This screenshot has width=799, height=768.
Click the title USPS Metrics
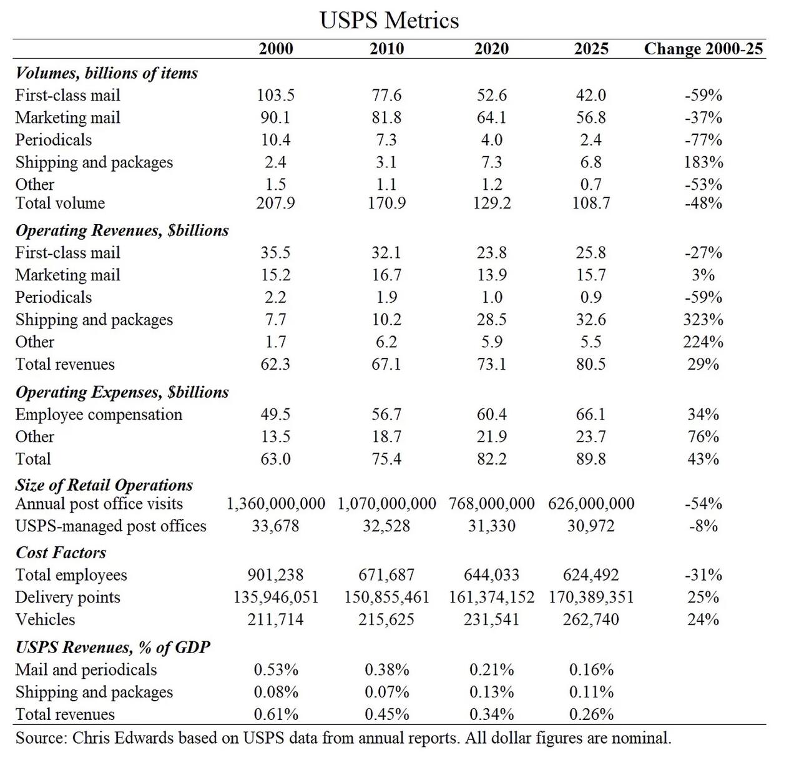pos(389,20)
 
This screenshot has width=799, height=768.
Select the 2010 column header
pos(386,49)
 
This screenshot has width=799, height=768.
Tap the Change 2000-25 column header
pos(703,49)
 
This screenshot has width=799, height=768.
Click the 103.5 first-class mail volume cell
pos(275,96)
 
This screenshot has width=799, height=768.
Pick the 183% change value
pos(703,162)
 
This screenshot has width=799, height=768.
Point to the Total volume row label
pos(60,204)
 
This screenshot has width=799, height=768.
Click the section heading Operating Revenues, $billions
pos(122,230)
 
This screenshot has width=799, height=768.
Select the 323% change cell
pos(703,320)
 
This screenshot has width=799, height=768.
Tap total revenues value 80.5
pos(591,365)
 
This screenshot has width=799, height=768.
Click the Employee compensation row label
pos(99,415)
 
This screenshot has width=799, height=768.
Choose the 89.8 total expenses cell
pos(591,460)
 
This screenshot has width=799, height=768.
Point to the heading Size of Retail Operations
pos(104,485)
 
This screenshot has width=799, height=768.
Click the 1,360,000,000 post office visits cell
pos(275,504)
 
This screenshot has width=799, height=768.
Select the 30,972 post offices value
pos(591,526)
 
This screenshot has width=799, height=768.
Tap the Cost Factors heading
pos(61,553)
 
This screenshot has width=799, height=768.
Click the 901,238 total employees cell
pos(275,575)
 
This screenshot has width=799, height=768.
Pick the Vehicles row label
pos(45,620)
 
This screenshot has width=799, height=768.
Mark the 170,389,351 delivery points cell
pos(591,598)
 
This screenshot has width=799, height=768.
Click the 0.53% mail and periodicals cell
pos(275,670)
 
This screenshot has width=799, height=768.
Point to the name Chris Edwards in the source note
pos(123,738)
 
